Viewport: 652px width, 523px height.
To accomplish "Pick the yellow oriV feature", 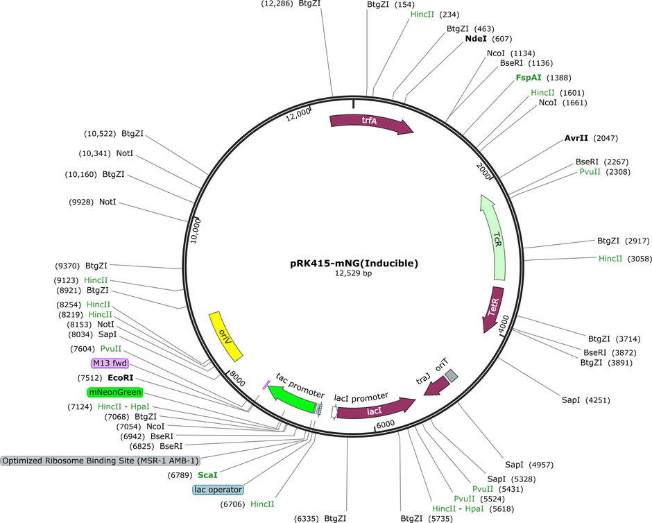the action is point(225,336).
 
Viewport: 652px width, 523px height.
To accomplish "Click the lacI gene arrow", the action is point(375,411).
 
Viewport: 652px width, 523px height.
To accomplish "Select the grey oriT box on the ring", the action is point(451,376).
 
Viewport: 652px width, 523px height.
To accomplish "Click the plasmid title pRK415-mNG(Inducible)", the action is point(354,263).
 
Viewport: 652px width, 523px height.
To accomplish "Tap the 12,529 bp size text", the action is point(354,273).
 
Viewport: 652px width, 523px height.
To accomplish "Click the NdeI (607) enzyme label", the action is point(488,39).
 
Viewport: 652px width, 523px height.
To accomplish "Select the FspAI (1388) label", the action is point(543,78).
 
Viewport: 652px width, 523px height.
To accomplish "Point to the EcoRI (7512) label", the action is point(105,378).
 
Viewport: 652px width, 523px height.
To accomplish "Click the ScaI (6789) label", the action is point(193,474).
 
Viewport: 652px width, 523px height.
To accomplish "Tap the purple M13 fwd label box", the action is point(110,363).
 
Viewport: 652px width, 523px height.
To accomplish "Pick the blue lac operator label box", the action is point(218,490).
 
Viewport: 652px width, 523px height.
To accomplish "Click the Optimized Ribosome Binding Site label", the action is point(101,461).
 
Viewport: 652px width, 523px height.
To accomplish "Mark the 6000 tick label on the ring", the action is point(386,424).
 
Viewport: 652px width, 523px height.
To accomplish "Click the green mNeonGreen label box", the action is point(115,392).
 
